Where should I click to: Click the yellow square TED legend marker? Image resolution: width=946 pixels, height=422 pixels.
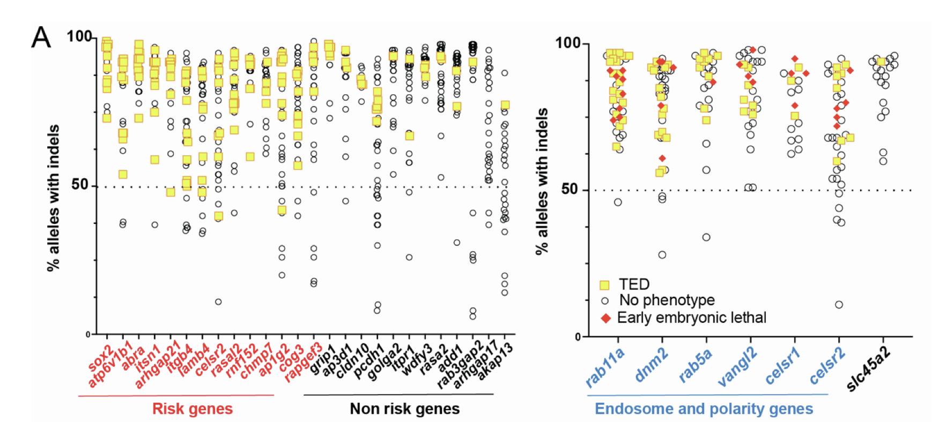tap(604, 284)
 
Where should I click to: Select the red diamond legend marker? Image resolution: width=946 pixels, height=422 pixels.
tap(604, 318)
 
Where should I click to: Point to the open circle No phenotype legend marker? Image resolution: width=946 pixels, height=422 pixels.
tap(604, 301)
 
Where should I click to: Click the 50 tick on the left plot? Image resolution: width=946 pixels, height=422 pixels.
tap(79, 186)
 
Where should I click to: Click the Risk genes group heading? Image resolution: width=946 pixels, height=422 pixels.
tap(193, 409)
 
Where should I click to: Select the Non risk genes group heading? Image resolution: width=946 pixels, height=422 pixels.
tap(404, 409)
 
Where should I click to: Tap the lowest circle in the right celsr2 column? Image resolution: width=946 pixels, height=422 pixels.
tap(838, 305)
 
